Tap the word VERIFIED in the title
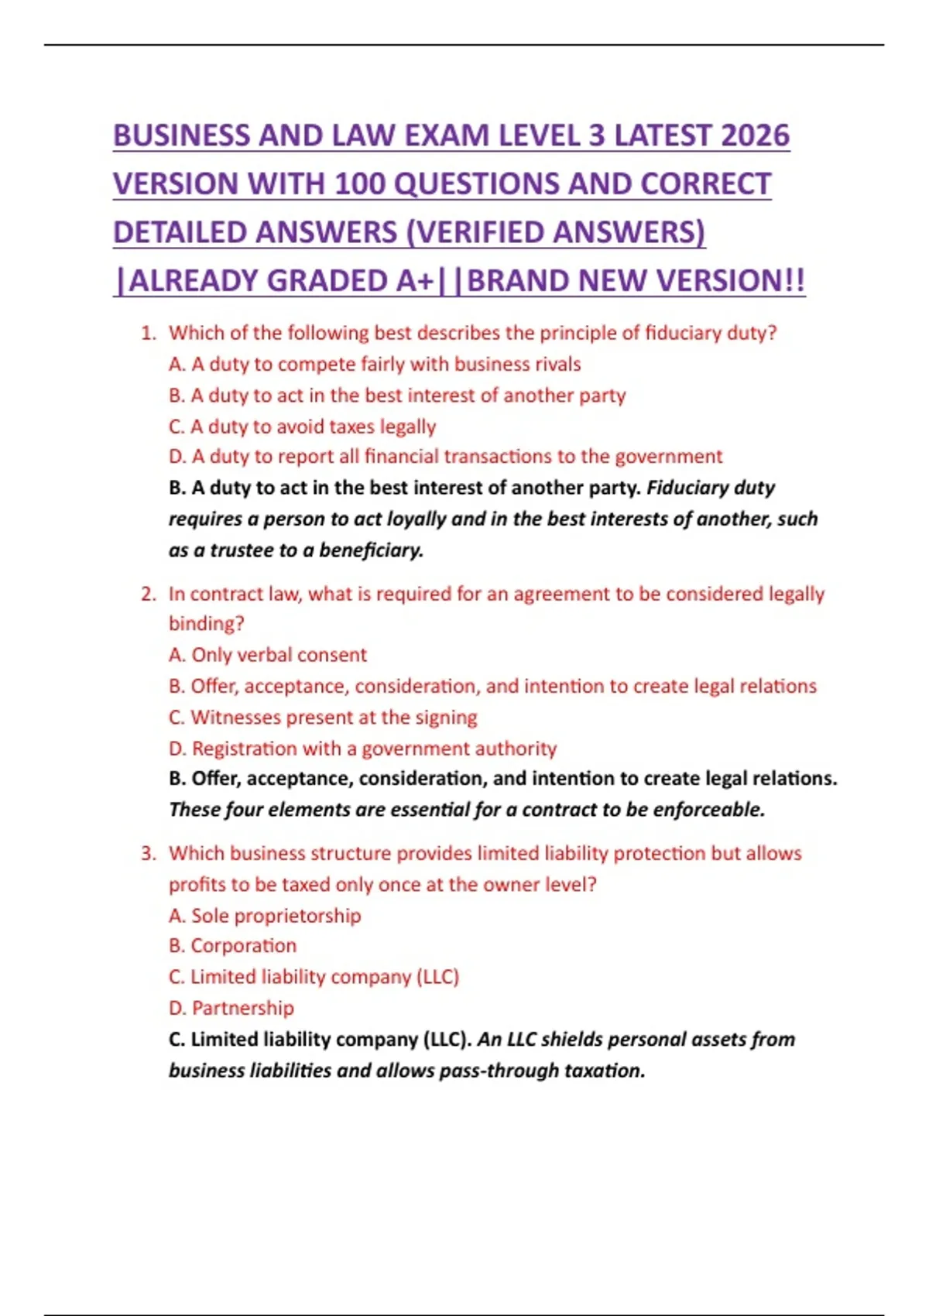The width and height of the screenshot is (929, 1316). point(483,232)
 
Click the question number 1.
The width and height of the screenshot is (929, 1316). point(148,333)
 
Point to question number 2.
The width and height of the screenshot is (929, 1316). point(148,594)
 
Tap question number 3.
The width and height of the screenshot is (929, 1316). point(148,853)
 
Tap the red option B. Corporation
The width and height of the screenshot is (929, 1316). point(233,946)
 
